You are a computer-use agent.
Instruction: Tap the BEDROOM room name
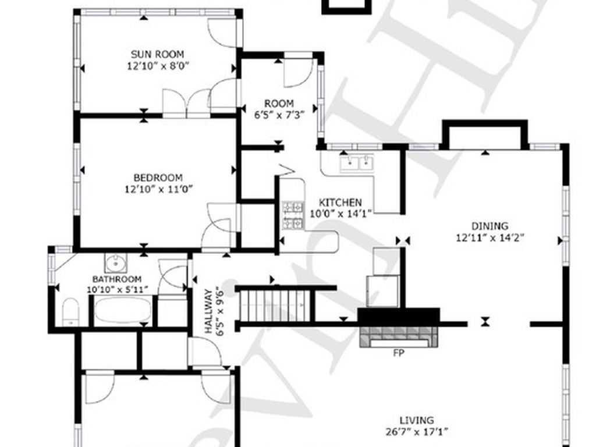pyautogui.click(x=158, y=178)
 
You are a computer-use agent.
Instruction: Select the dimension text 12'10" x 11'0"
pyautogui.click(x=158, y=189)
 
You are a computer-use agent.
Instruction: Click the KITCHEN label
pyautogui.click(x=340, y=203)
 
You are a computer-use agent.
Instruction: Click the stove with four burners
pyautogui.click(x=293, y=215)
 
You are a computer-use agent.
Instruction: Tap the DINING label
pyautogui.click(x=489, y=226)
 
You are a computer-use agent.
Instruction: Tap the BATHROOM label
pyautogui.click(x=117, y=279)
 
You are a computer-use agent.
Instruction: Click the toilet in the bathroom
pyautogui.click(x=70, y=311)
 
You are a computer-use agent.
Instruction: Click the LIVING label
pyautogui.click(x=416, y=420)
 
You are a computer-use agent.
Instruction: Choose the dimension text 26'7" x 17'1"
pyautogui.click(x=416, y=432)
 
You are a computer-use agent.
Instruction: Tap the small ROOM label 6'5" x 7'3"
pyautogui.click(x=279, y=104)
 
